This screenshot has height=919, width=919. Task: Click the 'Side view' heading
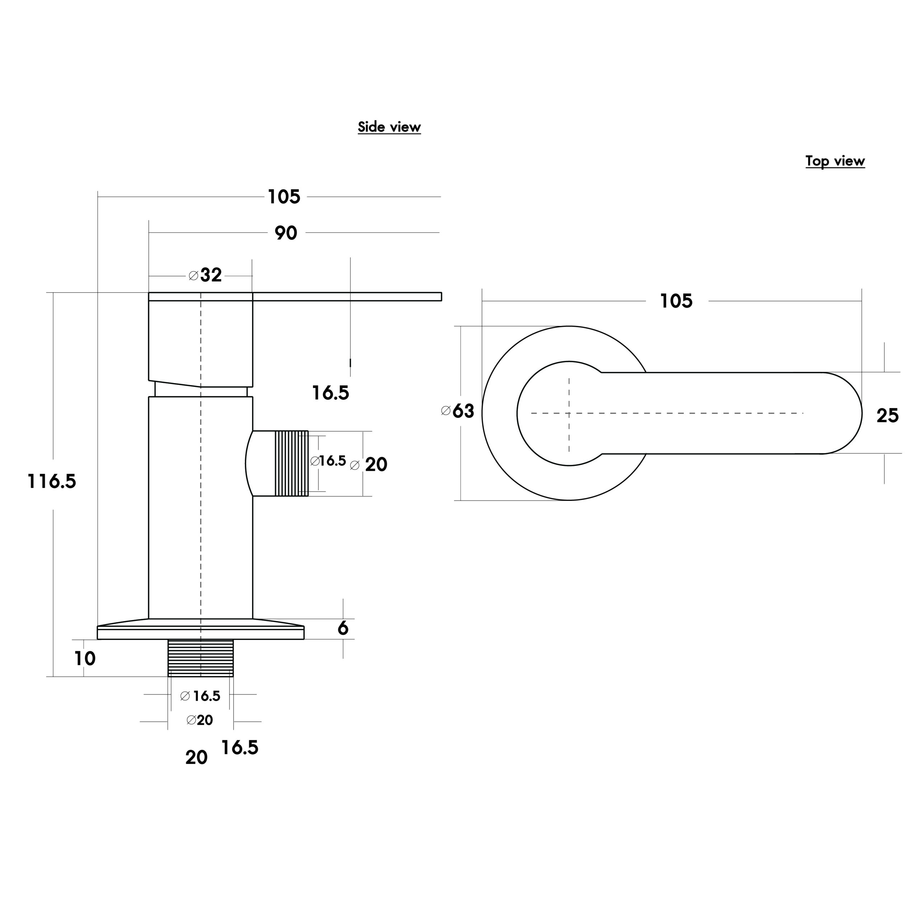tap(389, 127)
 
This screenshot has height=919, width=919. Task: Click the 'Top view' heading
tap(835, 161)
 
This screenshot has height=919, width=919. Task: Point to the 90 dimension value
tap(286, 233)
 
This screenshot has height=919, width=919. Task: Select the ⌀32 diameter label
tap(205, 275)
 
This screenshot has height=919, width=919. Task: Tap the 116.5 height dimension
tap(52, 481)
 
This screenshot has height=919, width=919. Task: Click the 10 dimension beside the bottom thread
tap(85, 658)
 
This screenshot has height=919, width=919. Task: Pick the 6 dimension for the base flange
tap(342, 628)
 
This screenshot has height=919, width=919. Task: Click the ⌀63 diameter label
tap(458, 411)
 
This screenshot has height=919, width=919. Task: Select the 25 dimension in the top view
tap(888, 415)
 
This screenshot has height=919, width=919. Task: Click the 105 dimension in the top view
tap(676, 301)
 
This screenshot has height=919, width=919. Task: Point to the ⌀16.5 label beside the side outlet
tap(328, 461)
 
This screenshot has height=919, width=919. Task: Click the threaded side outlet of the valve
tap(291, 463)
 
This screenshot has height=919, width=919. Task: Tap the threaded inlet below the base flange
tap(201, 658)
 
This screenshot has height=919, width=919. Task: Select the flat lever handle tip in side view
tap(440, 297)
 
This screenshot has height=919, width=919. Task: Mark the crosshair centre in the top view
tap(569, 413)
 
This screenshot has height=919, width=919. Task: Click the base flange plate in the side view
tap(200, 632)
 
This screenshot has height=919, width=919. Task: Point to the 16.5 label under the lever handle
tap(331, 393)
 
